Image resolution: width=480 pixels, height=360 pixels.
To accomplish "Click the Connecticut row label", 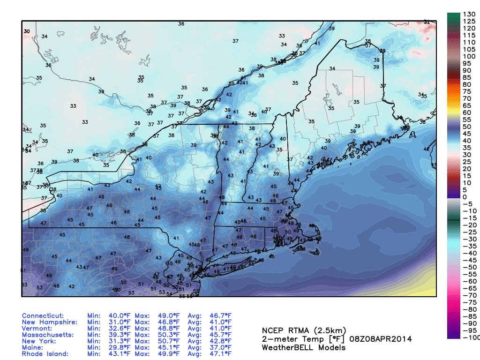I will coord(43,316).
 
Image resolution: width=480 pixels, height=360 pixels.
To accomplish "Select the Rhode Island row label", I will coord(46,354).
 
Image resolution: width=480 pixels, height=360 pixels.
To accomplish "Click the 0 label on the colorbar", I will coord(465,197).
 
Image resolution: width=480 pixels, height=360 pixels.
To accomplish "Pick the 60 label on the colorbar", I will coord(467,112).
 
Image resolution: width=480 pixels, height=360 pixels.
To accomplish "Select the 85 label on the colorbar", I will coord(467,77).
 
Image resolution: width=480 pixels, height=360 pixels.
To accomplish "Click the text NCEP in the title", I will coord(273,330).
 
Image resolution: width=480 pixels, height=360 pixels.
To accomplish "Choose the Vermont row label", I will coord(37,329).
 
